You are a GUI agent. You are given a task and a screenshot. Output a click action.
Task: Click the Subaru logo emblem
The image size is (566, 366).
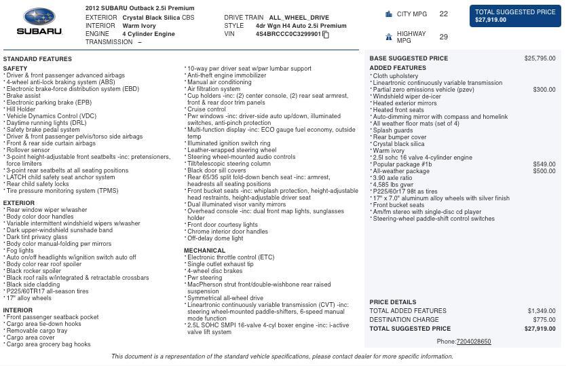39,17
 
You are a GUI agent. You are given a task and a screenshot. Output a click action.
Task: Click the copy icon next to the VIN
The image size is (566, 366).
326,35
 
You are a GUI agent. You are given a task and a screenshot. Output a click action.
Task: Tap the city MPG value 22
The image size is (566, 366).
443,14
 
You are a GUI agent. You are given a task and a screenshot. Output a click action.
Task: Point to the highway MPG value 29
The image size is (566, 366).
443,37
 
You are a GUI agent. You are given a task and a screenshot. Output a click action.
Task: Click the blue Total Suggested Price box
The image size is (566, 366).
515,16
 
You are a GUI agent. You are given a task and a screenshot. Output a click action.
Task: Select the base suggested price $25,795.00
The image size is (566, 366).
540,58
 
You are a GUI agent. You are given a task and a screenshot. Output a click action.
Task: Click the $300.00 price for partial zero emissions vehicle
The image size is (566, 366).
544,90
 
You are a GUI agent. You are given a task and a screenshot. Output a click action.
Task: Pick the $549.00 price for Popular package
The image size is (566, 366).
544,164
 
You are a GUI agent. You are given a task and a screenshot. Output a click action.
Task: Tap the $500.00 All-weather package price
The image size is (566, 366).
544,171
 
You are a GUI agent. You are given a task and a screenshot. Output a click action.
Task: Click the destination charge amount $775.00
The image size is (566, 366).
544,320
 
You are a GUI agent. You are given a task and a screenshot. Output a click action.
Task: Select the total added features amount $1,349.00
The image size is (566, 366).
541,311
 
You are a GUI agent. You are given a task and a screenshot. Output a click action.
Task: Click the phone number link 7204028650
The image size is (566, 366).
473,342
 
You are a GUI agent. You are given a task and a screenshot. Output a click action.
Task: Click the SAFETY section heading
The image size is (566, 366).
15,69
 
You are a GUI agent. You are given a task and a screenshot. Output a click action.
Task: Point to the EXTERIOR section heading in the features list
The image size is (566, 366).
18,203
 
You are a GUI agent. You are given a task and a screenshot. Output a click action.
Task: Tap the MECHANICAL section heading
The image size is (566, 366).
204,251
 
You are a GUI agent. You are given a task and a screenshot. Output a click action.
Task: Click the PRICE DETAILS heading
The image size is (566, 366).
393,302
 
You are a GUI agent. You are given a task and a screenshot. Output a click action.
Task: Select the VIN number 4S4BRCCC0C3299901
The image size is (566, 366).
288,34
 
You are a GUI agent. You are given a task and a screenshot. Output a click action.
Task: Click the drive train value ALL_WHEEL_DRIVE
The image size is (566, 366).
299,18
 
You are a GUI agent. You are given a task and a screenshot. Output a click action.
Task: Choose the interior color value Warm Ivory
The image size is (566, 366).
138,26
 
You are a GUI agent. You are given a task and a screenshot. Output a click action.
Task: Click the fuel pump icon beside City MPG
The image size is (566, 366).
388,14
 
